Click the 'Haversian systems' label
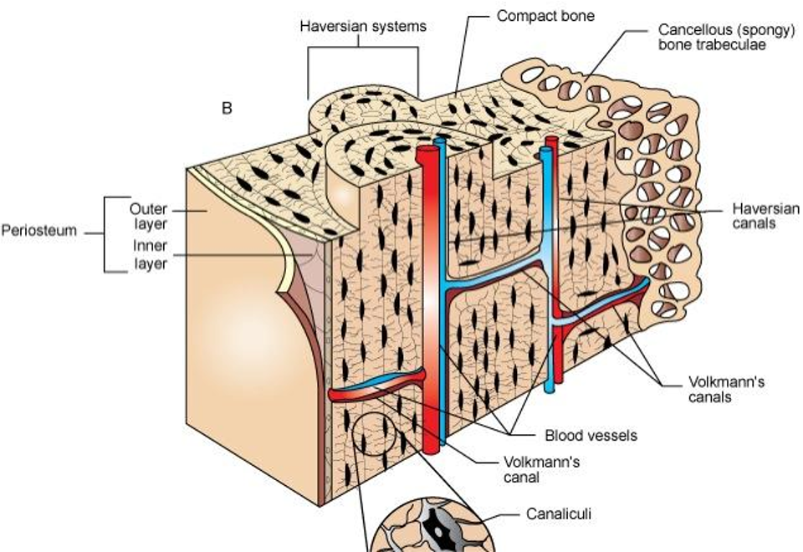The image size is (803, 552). pyautogui.click(x=363, y=27)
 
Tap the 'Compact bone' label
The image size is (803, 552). pyautogui.click(x=545, y=16)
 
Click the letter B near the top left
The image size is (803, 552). pyautogui.click(x=226, y=109)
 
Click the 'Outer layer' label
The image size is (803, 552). pyautogui.click(x=149, y=216)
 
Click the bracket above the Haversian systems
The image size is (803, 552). pyautogui.click(x=363, y=49)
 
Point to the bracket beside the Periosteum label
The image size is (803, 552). pyautogui.click(x=107, y=234)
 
